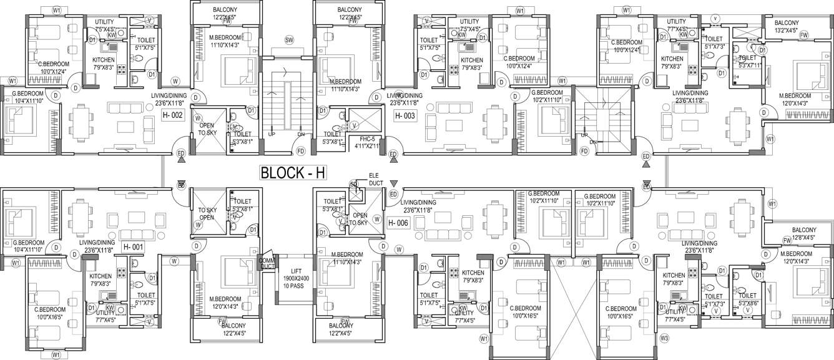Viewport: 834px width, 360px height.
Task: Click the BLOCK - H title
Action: coord(292,173)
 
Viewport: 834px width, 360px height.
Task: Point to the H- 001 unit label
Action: coord(134,247)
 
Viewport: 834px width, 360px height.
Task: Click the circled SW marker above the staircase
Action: coord(289,40)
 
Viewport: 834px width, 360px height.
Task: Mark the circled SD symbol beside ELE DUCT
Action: coord(354,185)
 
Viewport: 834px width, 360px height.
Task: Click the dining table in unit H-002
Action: coord(80,117)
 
